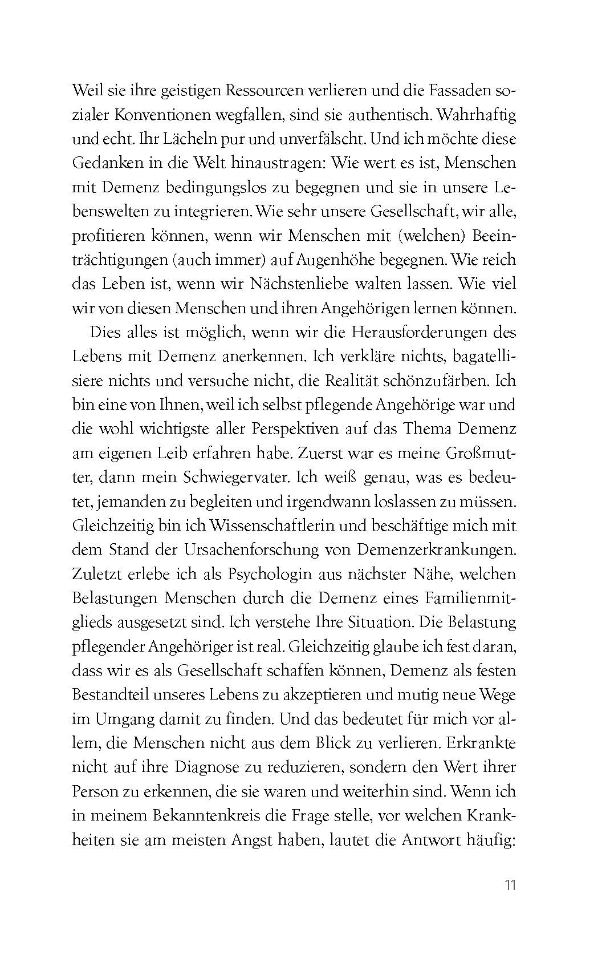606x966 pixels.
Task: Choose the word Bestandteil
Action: [x=109, y=696]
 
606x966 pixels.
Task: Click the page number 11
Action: [x=510, y=886]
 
